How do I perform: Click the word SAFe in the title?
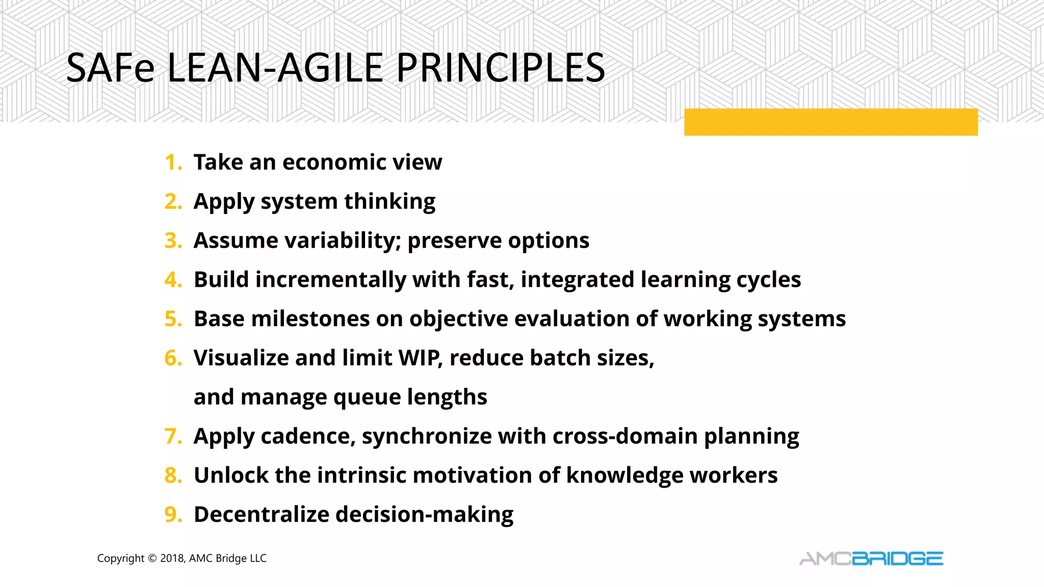tap(110, 68)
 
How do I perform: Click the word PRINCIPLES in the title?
tap(500, 68)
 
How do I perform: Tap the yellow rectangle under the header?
tap(830, 122)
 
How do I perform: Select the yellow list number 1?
tap(172, 163)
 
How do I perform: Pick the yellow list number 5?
tap(172, 319)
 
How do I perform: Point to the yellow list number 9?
tap(172, 515)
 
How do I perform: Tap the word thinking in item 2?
tap(389, 202)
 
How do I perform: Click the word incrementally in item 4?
tap(330, 280)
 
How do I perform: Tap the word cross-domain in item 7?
tap(624, 437)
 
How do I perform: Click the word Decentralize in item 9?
tap(262, 515)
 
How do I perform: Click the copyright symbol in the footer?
tap(152, 558)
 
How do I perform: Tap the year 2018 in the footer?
tap(172, 558)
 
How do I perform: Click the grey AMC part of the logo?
tap(825, 559)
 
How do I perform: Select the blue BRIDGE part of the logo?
tap(898, 559)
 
